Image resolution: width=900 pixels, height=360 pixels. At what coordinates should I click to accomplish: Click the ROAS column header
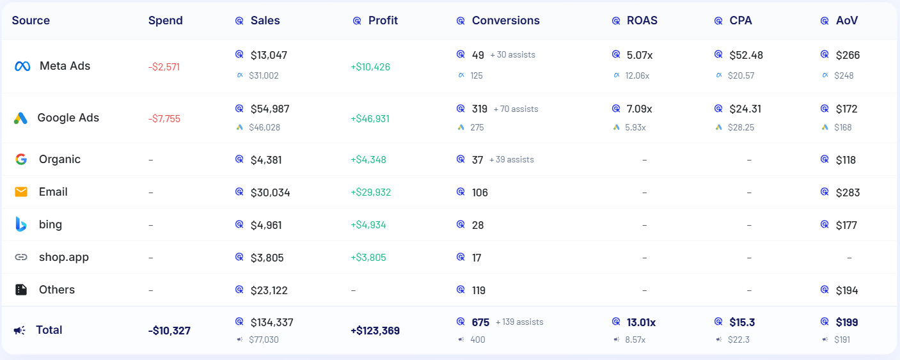click(642, 20)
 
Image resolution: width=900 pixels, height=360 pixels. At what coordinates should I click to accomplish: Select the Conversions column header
click(505, 20)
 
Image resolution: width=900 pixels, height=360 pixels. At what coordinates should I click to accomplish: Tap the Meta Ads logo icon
click(22, 66)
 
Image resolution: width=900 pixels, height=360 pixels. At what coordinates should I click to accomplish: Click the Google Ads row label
click(68, 118)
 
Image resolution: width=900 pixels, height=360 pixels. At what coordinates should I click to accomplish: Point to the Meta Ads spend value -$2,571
click(164, 67)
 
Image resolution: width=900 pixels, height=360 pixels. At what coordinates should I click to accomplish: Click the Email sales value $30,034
click(270, 192)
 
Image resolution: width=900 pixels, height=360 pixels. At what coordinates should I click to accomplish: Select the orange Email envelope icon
click(21, 192)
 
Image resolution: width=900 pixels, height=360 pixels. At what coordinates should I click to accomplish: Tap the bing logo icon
click(21, 224)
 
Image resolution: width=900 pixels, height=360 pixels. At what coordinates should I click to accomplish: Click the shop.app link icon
click(21, 257)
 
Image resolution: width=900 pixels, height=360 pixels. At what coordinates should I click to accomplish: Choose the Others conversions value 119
click(478, 290)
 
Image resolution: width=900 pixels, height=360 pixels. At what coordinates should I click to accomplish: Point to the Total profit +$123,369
click(375, 331)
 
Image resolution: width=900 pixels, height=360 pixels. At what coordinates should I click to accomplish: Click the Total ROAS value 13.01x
click(641, 322)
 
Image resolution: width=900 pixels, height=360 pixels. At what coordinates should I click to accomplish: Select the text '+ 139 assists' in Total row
click(519, 322)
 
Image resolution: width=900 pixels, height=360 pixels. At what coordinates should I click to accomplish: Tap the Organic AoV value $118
click(846, 160)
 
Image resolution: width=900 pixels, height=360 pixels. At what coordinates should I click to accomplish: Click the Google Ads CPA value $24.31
click(745, 109)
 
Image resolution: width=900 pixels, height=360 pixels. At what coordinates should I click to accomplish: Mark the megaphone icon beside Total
click(20, 331)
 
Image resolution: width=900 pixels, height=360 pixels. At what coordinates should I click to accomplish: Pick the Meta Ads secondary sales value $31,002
click(264, 75)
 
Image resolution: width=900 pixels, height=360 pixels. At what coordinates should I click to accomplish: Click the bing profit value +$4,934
click(368, 225)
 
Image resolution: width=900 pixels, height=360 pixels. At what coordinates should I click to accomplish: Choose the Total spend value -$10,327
click(169, 331)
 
